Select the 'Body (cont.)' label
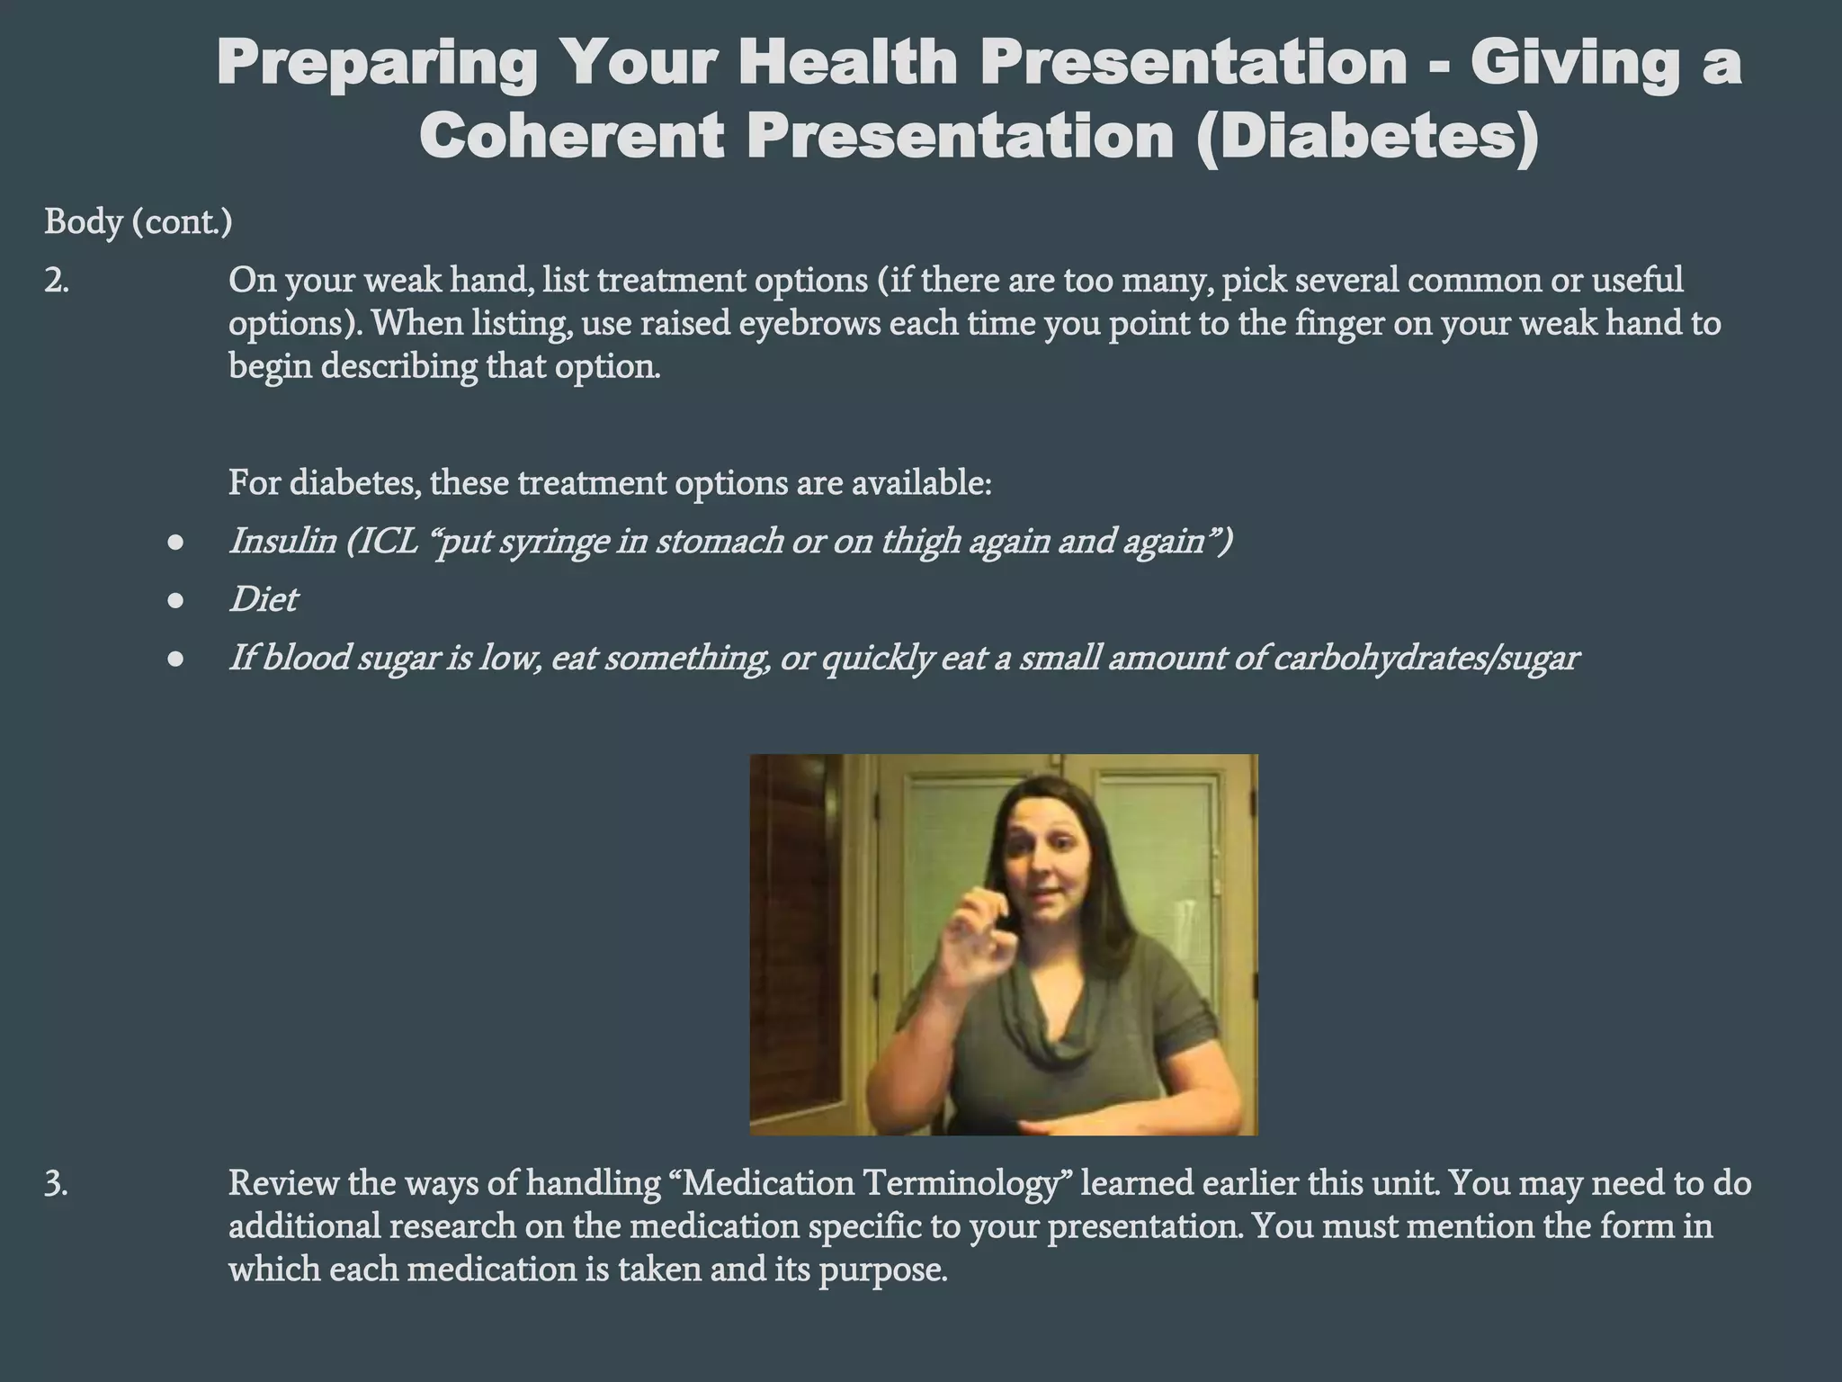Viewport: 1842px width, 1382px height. click(x=138, y=221)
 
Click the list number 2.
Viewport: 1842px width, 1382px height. click(x=56, y=281)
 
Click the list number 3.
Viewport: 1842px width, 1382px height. click(x=56, y=1183)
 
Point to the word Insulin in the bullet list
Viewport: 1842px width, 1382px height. click(x=282, y=541)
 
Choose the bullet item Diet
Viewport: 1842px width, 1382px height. click(x=263, y=599)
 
